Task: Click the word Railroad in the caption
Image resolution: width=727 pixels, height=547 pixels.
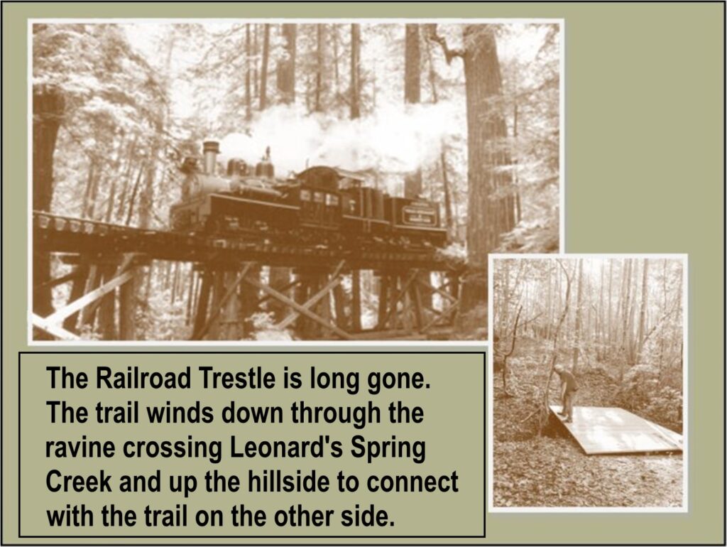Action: click(143, 378)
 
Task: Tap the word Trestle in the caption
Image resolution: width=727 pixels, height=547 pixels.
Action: click(237, 378)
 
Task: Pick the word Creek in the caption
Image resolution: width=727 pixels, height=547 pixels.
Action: click(79, 482)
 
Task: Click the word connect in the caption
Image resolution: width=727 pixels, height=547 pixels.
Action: click(412, 482)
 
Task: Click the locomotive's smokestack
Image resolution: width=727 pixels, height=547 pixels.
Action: click(210, 157)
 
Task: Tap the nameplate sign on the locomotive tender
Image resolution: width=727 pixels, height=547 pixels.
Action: click(420, 215)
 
